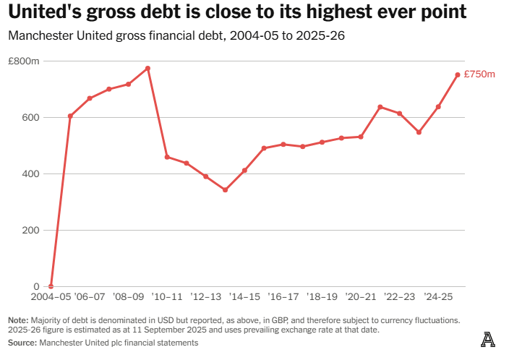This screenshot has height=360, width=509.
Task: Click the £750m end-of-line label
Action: point(479,74)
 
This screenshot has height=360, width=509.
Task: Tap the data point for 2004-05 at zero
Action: point(51,286)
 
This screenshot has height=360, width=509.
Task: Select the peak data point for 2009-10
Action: point(147,68)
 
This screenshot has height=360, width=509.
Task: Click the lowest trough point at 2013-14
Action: point(225,190)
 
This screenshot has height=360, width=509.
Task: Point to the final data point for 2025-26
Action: point(458,74)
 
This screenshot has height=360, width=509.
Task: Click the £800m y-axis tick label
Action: point(24,61)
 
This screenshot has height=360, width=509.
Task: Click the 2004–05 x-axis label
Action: point(50,297)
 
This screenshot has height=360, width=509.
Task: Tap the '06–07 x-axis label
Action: point(90,297)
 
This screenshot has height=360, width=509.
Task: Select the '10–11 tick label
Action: point(167,297)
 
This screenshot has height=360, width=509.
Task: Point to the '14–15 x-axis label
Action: point(244,297)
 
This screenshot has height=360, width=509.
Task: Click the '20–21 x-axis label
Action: point(361,297)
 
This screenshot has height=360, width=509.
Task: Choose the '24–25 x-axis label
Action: point(438,297)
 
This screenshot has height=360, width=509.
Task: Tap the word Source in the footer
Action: point(21,343)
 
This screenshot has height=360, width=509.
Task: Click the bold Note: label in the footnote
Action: point(18,320)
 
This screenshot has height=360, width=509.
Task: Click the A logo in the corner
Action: point(489,339)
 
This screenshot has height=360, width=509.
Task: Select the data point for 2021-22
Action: point(380,107)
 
